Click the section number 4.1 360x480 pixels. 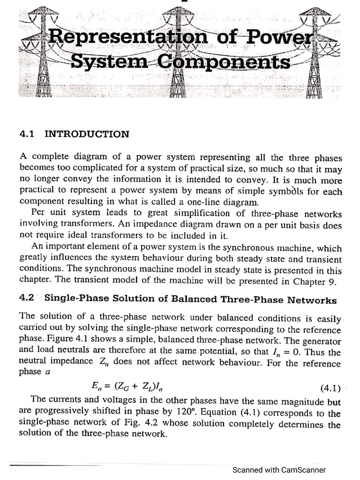coord(28,134)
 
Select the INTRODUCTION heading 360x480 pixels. coord(87,134)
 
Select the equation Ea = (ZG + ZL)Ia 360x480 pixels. coord(127,387)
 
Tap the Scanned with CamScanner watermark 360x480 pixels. coord(279,470)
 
